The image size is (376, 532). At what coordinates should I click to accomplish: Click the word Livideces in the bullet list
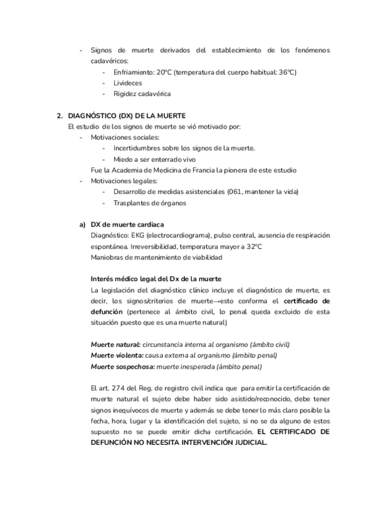point(127,83)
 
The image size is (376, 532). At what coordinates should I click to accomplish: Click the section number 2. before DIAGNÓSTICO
point(60,116)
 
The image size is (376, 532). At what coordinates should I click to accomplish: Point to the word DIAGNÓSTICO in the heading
point(93,116)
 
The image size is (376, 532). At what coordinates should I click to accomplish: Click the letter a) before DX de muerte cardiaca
point(81,224)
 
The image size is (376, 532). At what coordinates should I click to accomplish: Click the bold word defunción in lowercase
point(107,311)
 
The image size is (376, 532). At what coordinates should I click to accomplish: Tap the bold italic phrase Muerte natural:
point(115,344)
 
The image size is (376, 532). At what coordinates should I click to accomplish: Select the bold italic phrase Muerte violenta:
point(117,355)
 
